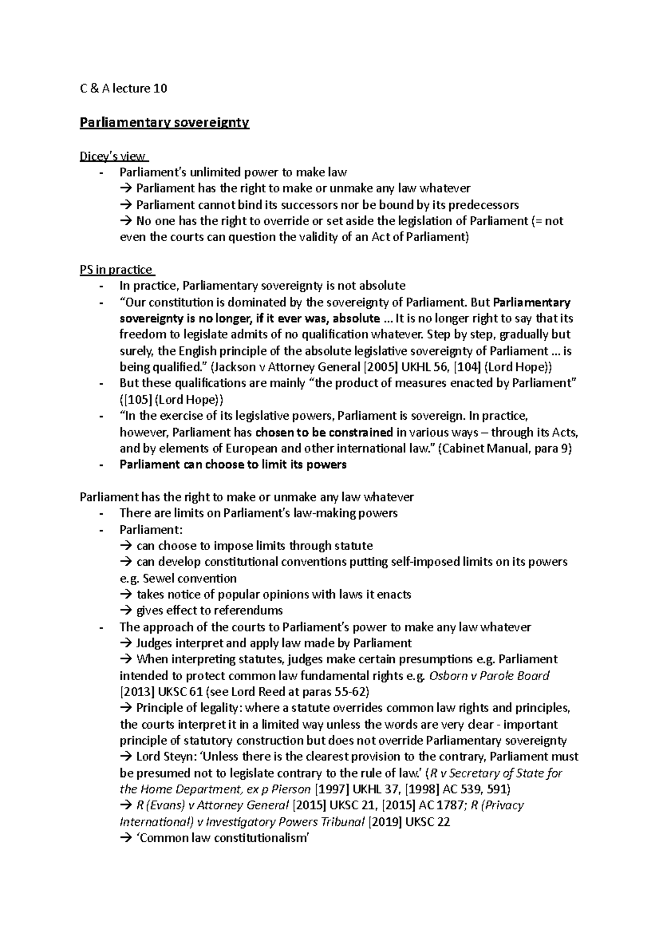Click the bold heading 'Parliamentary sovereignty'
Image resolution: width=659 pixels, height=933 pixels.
coord(164,123)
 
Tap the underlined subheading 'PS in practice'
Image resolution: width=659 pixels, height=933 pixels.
coord(116,270)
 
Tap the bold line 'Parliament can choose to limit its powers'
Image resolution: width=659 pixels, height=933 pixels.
coord(233,465)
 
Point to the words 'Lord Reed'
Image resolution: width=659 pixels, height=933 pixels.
coord(254,692)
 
